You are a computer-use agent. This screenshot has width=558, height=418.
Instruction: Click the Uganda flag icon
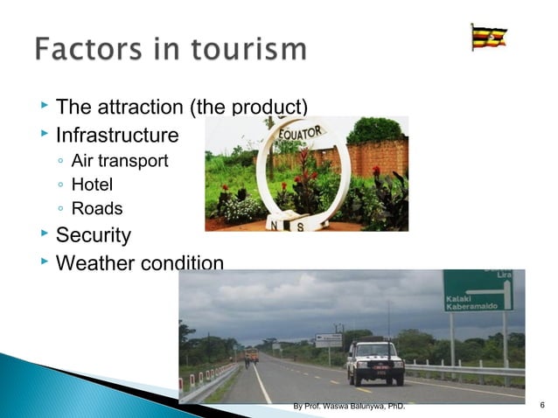(x=488, y=38)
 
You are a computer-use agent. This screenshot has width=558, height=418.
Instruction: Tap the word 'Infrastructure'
(x=117, y=136)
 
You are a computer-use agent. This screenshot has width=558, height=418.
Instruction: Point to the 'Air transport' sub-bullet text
(x=120, y=161)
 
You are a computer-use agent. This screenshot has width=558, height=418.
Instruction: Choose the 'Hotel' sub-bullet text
(x=92, y=185)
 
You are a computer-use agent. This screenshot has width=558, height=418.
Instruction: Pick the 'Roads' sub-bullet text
(x=96, y=209)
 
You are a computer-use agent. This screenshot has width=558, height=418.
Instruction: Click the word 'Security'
(x=94, y=235)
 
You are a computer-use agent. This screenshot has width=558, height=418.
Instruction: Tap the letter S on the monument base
(x=301, y=225)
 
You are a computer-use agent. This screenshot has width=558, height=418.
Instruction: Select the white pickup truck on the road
(x=375, y=360)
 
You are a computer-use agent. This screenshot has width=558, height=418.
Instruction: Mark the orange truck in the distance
(x=252, y=354)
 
